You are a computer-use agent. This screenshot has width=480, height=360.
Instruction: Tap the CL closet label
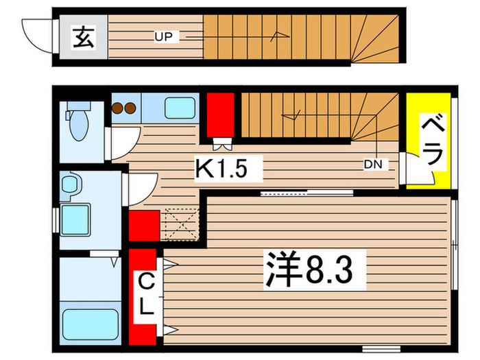pos(146,293)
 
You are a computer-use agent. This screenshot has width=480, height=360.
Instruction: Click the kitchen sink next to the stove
pos(180,108)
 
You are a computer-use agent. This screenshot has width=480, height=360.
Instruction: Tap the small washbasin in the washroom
pos(69,184)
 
